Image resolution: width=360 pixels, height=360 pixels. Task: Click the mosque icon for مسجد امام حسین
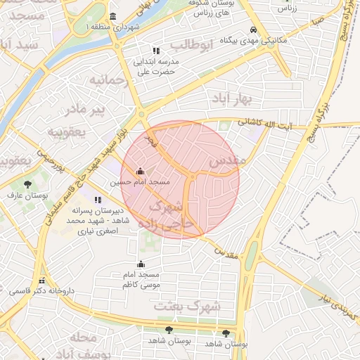(x=140, y=171)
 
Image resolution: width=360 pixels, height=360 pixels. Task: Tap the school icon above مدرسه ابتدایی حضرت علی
(x=156, y=51)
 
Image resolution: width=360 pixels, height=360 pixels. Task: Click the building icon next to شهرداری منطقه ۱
(x=113, y=17)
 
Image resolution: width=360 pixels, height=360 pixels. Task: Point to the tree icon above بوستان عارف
(x=27, y=184)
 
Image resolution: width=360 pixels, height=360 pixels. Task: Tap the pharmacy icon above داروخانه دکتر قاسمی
(x=42, y=279)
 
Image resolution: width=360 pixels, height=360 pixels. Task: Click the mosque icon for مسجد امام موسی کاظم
(x=141, y=264)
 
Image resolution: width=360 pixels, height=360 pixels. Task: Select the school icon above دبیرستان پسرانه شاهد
(x=96, y=200)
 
